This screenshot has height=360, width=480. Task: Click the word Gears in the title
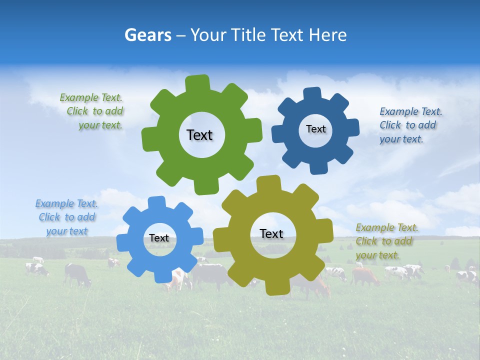click(147, 35)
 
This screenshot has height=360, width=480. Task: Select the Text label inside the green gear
click(199, 135)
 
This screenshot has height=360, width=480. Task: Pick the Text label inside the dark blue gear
click(315, 129)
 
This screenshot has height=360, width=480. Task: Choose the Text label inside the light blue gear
click(159, 238)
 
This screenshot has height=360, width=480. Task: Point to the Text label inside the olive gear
click(271, 233)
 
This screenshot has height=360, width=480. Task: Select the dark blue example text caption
click(410, 125)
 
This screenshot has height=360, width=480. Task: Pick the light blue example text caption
click(66, 217)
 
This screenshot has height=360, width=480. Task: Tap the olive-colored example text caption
click(386, 241)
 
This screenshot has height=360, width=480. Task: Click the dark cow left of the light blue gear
click(77, 274)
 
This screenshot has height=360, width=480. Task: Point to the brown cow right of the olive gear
click(365, 275)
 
